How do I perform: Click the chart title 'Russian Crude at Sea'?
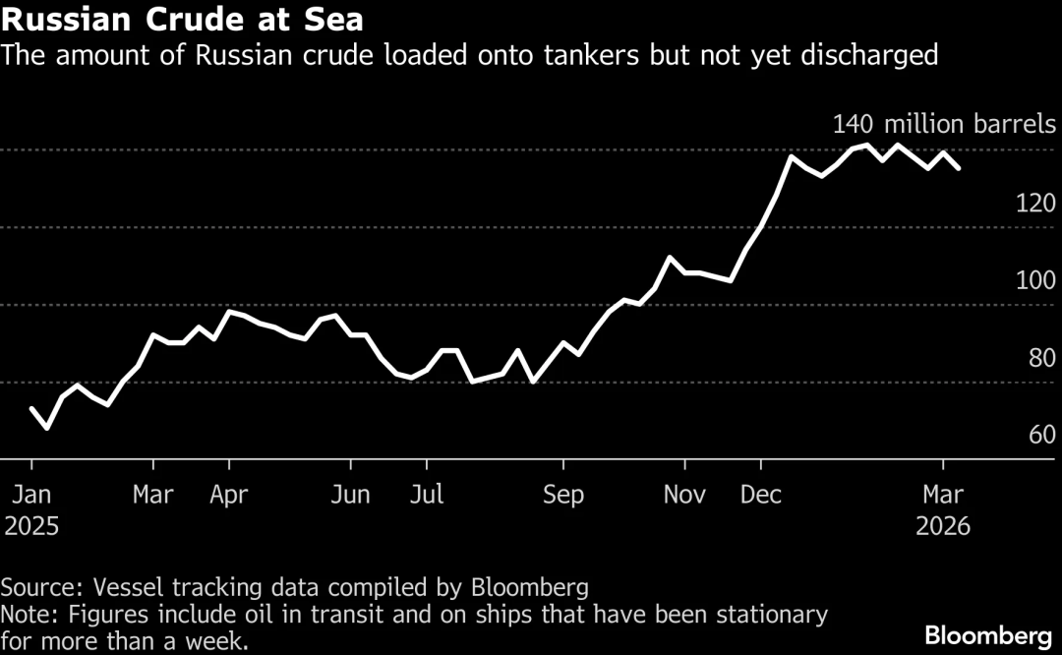182,20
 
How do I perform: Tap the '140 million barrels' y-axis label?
944,125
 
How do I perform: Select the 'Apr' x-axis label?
228,494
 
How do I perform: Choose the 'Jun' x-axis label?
349,494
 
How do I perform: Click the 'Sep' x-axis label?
563,494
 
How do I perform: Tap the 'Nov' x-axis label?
684,494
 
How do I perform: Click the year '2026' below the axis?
942,526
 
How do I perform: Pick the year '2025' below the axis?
31,526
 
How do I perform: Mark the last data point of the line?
959,168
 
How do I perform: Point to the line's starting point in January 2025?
32,408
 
